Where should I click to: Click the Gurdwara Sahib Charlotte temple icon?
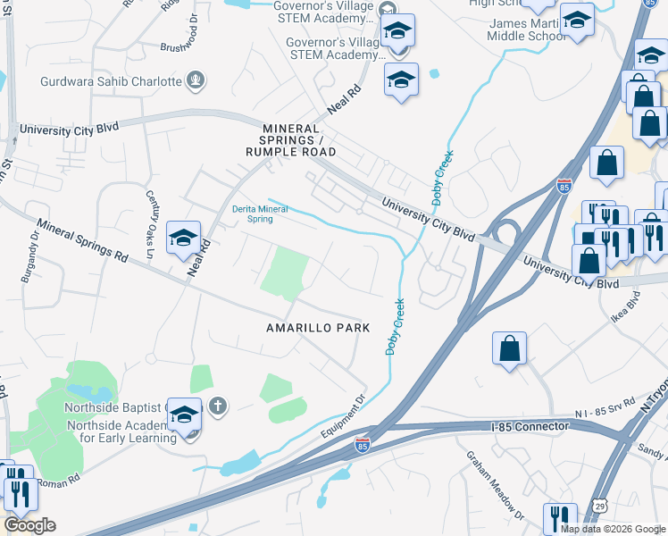pyautogui.click(x=196, y=81)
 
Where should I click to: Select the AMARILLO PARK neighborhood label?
pyautogui.click(x=318, y=328)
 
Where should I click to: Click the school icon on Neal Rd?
pyautogui.click(x=183, y=238)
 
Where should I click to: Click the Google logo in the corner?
pyautogui.click(x=29, y=525)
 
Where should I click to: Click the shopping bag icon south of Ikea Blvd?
pyautogui.click(x=509, y=349)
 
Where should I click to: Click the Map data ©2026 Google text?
pyautogui.click(x=613, y=529)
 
